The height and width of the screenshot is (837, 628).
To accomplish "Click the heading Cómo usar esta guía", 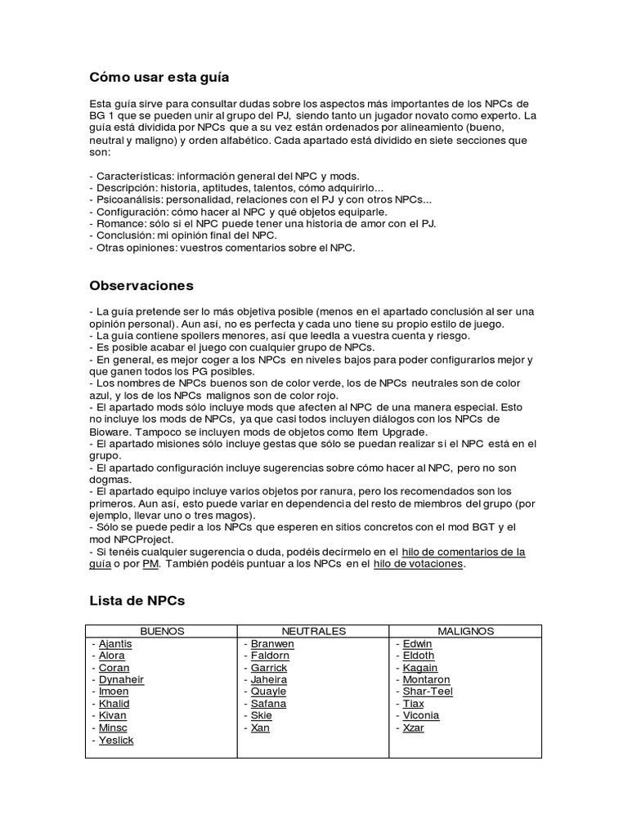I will (159, 78).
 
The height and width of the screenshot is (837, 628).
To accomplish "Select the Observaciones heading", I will (141, 286).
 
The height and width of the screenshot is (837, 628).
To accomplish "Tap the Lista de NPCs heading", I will (137, 601).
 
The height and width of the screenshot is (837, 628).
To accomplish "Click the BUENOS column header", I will (162, 631).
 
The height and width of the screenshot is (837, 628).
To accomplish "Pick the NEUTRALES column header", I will (313, 631).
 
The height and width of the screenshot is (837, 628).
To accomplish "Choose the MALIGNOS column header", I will (465, 631).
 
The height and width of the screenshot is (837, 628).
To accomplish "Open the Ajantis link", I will (115, 643).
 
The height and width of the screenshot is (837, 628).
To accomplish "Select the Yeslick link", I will (116, 740).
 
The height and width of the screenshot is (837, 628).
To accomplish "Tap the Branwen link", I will (272, 643).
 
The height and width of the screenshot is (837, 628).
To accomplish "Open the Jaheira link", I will (269, 679).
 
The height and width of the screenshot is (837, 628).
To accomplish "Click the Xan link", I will (260, 727).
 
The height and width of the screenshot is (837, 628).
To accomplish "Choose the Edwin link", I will (418, 643).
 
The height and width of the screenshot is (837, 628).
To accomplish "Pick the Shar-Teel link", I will (428, 692).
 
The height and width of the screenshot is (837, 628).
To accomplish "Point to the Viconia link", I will (421, 715).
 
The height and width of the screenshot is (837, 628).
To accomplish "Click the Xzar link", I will (414, 727).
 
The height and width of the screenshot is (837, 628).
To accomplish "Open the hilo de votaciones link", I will (418, 565).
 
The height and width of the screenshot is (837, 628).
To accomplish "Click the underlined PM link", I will (150, 565).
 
